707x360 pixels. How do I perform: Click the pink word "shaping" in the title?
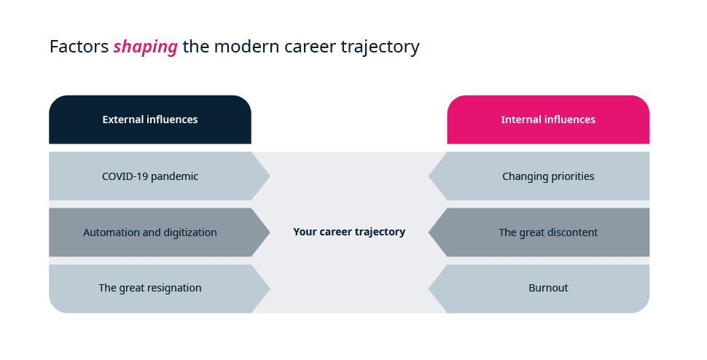click(145, 47)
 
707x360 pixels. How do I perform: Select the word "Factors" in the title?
click(79, 47)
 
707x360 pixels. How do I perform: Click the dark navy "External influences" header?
click(150, 120)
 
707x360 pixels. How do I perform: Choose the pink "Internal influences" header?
click(548, 120)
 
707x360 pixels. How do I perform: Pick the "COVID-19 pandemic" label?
click(150, 176)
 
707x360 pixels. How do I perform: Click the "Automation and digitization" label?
click(150, 232)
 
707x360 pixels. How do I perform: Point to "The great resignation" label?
click(150, 288)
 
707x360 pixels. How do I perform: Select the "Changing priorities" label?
click(548, 176)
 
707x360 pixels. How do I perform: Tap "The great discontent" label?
click(548, 232)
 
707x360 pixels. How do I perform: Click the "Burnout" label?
click(548, 288)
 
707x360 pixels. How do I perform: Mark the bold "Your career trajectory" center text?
click(349, 232)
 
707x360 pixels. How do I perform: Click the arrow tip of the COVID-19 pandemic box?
click(270, 176)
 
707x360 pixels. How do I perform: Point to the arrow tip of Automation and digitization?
click(270, 232)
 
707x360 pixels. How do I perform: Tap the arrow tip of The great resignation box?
click(270, 289)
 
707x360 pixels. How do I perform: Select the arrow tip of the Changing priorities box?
click(429, 176)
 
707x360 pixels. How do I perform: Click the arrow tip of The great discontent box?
click(429, 232)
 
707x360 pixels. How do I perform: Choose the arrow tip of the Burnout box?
click(429, 289)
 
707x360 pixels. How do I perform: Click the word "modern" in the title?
click(246, 47)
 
